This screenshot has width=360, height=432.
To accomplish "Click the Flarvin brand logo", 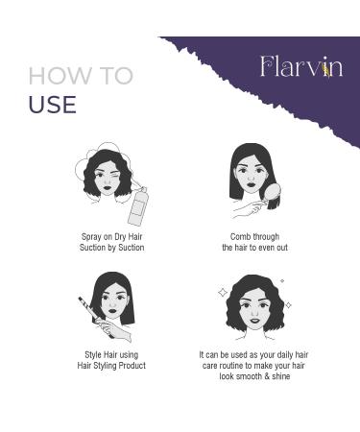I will click(300, 66).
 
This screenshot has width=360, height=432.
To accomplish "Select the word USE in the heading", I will click(52, 104).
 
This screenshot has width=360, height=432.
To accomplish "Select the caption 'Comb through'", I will click(254, 236).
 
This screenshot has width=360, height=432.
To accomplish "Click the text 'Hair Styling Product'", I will click(111, 366).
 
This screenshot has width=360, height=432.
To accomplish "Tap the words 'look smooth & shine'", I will click(253, 376).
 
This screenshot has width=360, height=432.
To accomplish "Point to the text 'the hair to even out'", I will click(254, 248).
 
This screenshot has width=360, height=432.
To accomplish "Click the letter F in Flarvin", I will click(268, 66).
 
